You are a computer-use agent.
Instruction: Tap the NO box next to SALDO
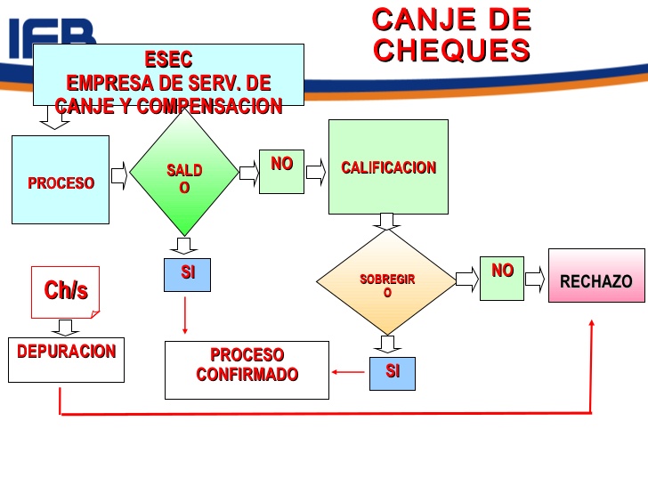[x=281, y=171]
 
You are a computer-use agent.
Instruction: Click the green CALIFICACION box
[x=388, y=167]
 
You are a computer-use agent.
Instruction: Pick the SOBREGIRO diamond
[x=386, y=282]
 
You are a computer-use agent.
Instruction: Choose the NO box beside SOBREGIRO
[x=502, y=277]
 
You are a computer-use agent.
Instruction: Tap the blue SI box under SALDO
[x=188, y=274]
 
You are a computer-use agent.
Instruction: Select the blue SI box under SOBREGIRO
[x=392, y=372]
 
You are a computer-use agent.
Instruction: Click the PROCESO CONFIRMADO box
[x=247, y=369]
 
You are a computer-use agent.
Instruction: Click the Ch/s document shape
[x=65, y=291]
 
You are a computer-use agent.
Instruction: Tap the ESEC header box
[x=168, y=75]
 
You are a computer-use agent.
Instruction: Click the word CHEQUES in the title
[x=451, y=50]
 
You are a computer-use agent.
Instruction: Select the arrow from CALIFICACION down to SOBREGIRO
[x=386, y=221]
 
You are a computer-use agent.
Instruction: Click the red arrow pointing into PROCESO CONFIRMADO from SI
[x=347, y=372]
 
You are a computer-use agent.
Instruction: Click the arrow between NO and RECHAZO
[x=534, y=278]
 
